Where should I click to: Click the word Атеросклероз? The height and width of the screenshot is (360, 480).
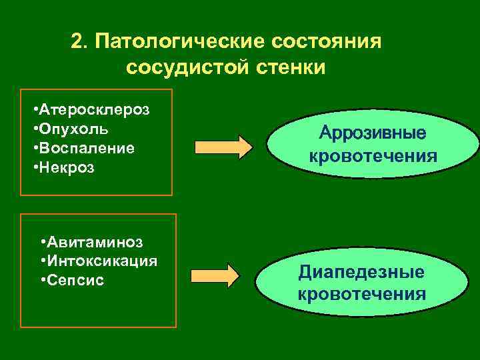[x=94, y=107]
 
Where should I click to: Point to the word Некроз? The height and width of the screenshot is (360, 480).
[x=66, y=167]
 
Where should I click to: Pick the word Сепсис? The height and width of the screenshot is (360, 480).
[x=75, y=280]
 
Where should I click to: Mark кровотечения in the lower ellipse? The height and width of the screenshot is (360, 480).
[x=361, y=293]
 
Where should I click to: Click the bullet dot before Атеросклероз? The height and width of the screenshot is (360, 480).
[x=35, y=107]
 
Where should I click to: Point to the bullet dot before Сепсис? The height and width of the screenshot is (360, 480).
[x=43, y=280]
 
